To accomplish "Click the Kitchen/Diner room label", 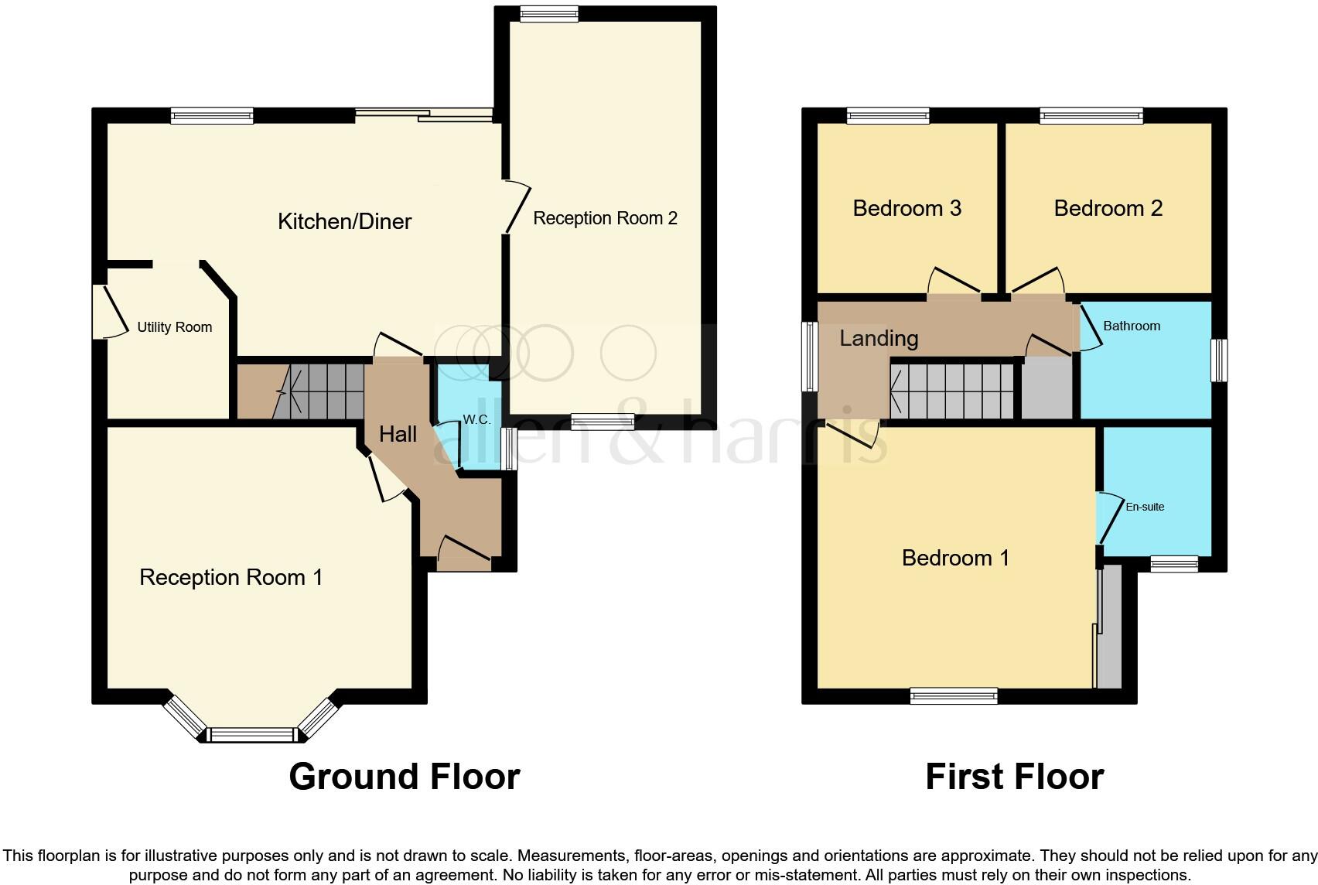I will pos(344,222).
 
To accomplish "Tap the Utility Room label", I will pos(174,327).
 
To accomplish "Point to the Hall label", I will pos(398,435).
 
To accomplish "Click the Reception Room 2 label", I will pos(605,219).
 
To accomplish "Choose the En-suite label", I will pos(1145,507).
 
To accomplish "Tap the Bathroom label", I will pos(1131,326).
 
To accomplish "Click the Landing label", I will pos(879,339).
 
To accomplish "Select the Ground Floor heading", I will pos(404,777).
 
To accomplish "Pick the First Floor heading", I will pos(1014,777).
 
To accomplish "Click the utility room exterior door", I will pos(99,311).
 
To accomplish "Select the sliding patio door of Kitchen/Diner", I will pos(424,116).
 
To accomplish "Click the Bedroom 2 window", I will pos(1091,117).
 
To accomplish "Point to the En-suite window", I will pos(1173,564).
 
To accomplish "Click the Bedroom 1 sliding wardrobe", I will pos(1108,627).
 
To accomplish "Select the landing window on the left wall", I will pos(810,356).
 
